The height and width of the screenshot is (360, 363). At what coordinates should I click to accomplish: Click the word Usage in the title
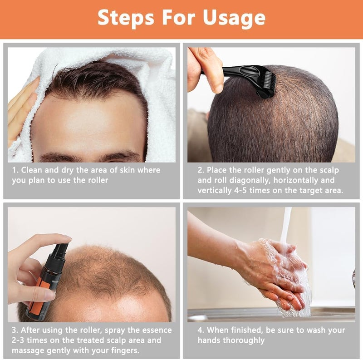(234, 18)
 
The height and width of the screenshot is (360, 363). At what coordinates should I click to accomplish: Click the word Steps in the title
(126, 18)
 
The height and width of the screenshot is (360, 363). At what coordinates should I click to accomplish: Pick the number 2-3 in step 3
(18, 340)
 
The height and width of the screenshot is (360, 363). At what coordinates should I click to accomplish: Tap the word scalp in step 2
(329, 171)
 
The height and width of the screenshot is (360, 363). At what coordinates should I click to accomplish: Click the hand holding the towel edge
(21, 111)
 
